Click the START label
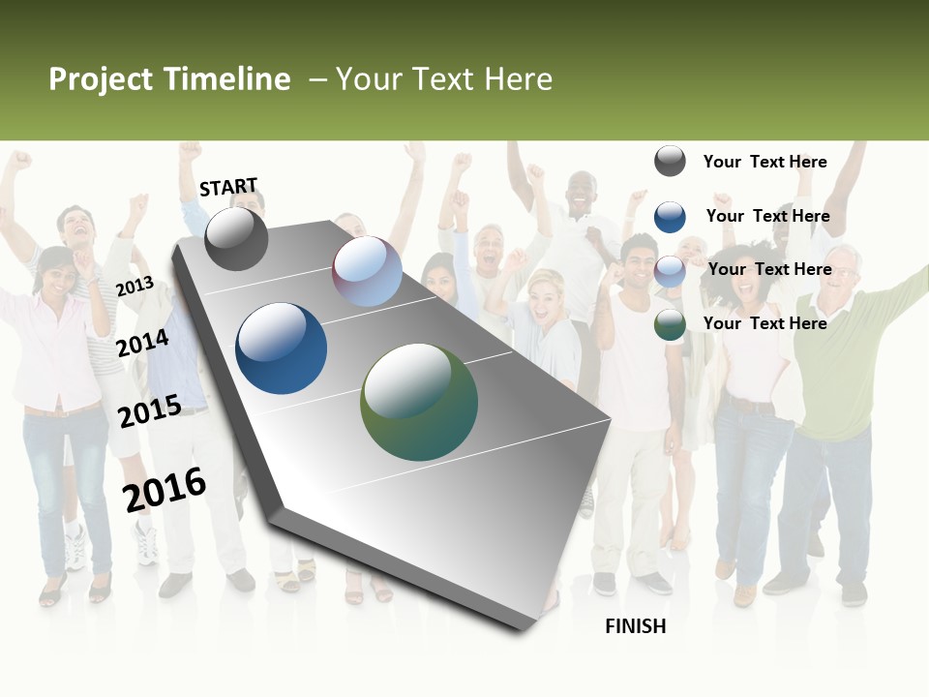point(228,187)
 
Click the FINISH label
point(636,626)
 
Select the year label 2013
point(135,286)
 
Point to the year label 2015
point(150,411)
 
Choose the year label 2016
point(165,489)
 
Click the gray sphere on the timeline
point(236,238)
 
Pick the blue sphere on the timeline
point(282,348)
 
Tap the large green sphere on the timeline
point(419,402)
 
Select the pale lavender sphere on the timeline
point(368,271)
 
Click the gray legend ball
point(670,161)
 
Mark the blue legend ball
point(670,217)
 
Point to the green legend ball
point(670,324)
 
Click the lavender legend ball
point(670,271)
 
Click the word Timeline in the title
point(226,79)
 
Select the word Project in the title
point(102,79)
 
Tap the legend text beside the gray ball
point(764,162)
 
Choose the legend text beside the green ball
point(764,323)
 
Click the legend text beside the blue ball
point(767,216)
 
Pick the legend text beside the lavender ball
point(769,269)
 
